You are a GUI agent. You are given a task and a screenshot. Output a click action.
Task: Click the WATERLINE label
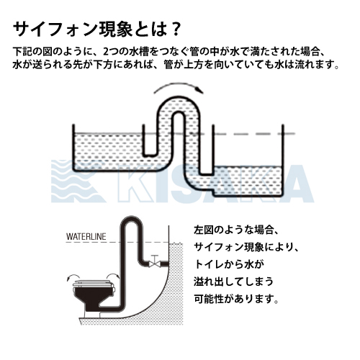(x=86, y=237)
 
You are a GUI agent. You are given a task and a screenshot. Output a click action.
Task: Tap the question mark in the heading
(x=176, y=30)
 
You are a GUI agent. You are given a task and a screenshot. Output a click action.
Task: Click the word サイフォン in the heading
(x=55, y=30)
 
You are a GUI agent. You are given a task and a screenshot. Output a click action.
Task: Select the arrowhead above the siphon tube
(x=199, y=90)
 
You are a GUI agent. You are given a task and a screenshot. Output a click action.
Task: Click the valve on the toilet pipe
(x=155, y=262)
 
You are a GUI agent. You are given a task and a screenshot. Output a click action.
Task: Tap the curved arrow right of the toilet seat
(x=113, y=276)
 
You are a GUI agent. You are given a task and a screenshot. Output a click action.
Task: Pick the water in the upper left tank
(x=108, y=151)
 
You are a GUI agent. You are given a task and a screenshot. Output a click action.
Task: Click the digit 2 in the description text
(x=106, y=52)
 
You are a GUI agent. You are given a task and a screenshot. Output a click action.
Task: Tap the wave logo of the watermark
(x=77, y=181)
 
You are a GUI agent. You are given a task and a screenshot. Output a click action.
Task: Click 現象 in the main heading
(x=115, y=30)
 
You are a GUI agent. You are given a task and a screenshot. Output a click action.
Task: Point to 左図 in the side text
(x=204, y=230)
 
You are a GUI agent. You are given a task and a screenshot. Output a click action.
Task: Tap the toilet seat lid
(x=94, y=284)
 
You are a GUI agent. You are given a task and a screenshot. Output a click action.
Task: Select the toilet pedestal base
(x=92, y=315)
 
